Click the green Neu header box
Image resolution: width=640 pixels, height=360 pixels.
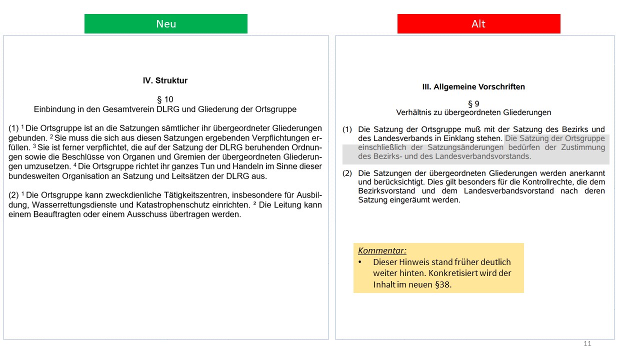(x=165, y=24)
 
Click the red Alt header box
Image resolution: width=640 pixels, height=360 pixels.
(x=478, y=24)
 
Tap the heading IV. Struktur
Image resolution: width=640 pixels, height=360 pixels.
(x=165, y=80)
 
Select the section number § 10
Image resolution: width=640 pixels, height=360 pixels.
(x=165, y=99)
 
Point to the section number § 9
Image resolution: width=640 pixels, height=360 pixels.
(x=473, y=103)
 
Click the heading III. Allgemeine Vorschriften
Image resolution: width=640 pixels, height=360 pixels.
(x=473, y=87)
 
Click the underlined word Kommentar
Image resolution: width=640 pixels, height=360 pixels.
(x=382, y=250)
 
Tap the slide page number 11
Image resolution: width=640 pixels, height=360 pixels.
(x=587, y=343)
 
